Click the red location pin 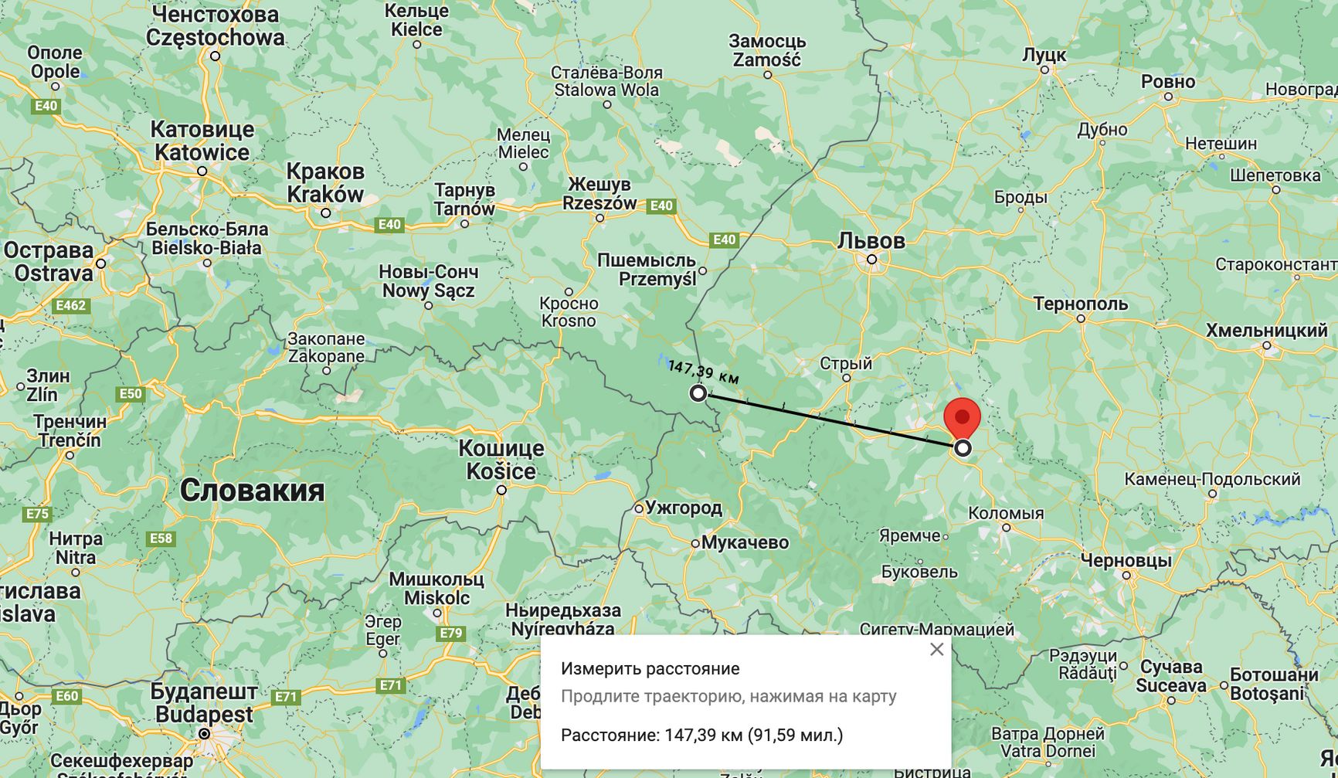pyautogui.click(x=962, y=418)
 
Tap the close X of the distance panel pyautogui.click(x=936, y=650)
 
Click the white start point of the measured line pyautogui.click(x=698, y=393)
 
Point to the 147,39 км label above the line pyautogui.click(x=704, y=372)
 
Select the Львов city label pyautogui.click(x=871, y=241)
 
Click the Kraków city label pyautogui.click(x=325, y=194)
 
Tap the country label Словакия pyautogui.click(x=252, y=491)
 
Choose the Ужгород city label pyautogui.click(x=684, y=508)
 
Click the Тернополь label pyautogui.click(x=1081, y=304)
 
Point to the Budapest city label pyautogui.click(x=204, y=714)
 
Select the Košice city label pyautogui.click(x=501, y=471)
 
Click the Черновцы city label pyautogui.click(x=1126, y=560)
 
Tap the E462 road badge pyautogui.click(x=70, y=306)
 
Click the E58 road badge pyautogui.click(x=161, y=538)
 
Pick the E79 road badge pyautogui.click(x=450, y=634)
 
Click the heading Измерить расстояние pyautogui.click(x=650, y=669)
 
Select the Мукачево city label pyautogui.click(x=745, y=542)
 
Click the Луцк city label pyautogui.click(x=1044, y=55)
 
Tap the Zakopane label pyautogui.click(x=326, y=356)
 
